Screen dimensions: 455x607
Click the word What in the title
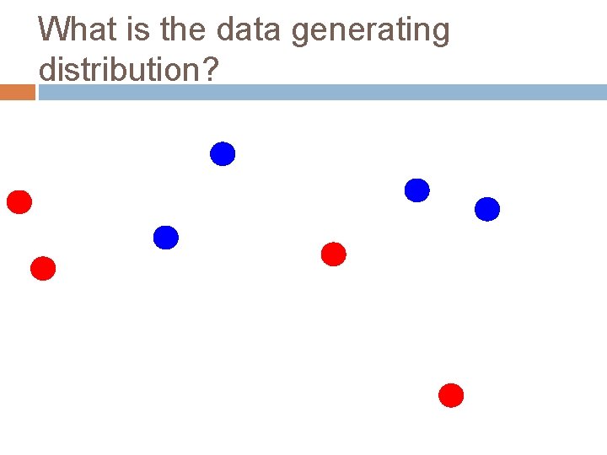tap(73, 30)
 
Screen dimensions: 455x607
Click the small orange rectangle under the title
tap(17, 92)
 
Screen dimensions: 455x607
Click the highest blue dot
tap(223, 154)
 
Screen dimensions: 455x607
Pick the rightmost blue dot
tap(487, 209)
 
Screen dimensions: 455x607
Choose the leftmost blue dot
tap(166, 238)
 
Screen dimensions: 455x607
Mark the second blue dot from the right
tap(417, 190)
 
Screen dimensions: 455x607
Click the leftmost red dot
tap(19, 202)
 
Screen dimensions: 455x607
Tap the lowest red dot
tap(452, 395)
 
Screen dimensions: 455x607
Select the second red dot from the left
tap(43, 269)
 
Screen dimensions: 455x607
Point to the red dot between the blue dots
tap(334, 254)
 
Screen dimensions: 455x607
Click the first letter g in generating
tap(301, 34)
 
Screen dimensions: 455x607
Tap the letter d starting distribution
tap(48, 69)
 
